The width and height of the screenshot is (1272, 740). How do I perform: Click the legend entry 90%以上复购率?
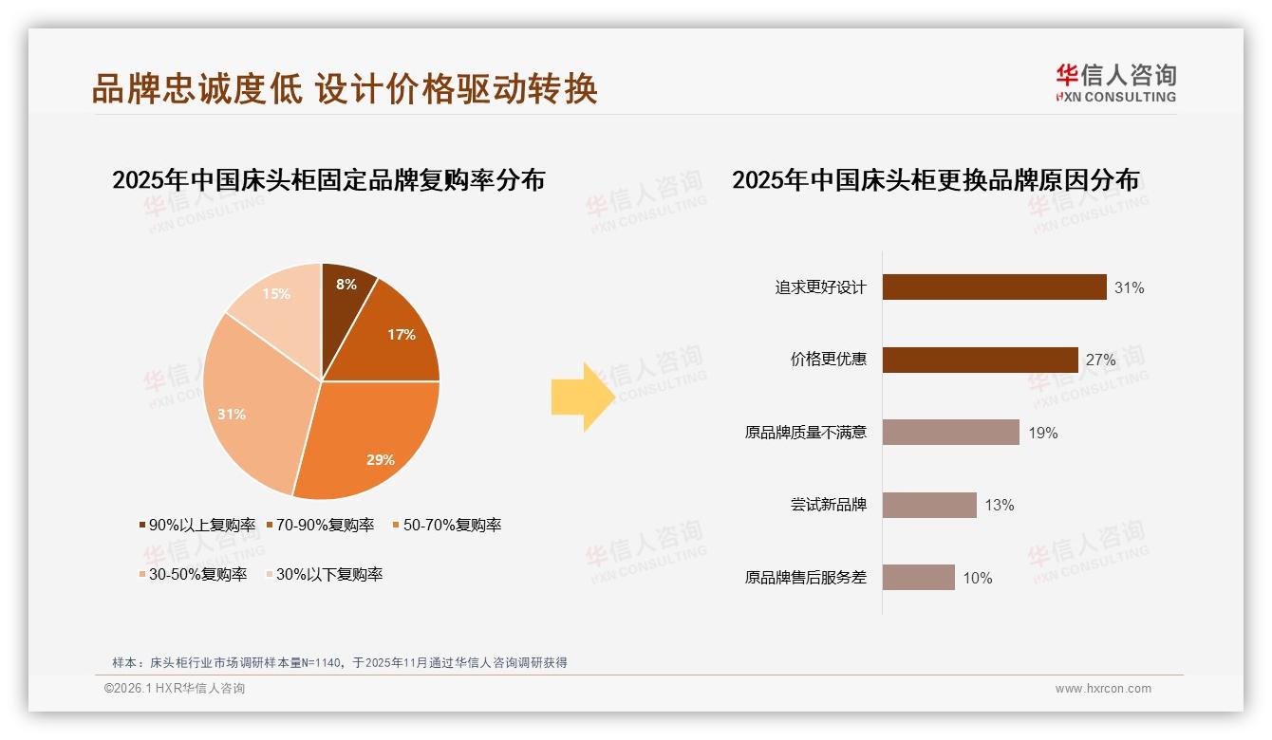pos(197,525)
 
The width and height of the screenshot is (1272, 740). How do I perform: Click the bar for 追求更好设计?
pos(994,287)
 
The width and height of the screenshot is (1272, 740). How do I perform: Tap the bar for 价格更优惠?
pos(980,360)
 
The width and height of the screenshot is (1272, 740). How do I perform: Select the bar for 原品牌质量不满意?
pos(950,433)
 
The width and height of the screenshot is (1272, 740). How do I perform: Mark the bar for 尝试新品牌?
pos(929,505)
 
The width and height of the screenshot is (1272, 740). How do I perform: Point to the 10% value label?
pos(978,578)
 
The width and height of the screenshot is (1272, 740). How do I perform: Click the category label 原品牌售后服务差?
pos(806,577)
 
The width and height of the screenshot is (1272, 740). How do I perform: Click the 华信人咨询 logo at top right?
pos(1115,83)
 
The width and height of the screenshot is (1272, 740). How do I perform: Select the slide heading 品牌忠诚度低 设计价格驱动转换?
pos(345,88)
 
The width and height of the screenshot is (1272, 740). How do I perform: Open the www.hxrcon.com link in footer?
pos(1103,689)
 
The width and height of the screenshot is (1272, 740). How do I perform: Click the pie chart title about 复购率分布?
pos(328,180)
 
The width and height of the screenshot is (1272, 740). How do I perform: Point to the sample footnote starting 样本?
pos(340,662)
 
